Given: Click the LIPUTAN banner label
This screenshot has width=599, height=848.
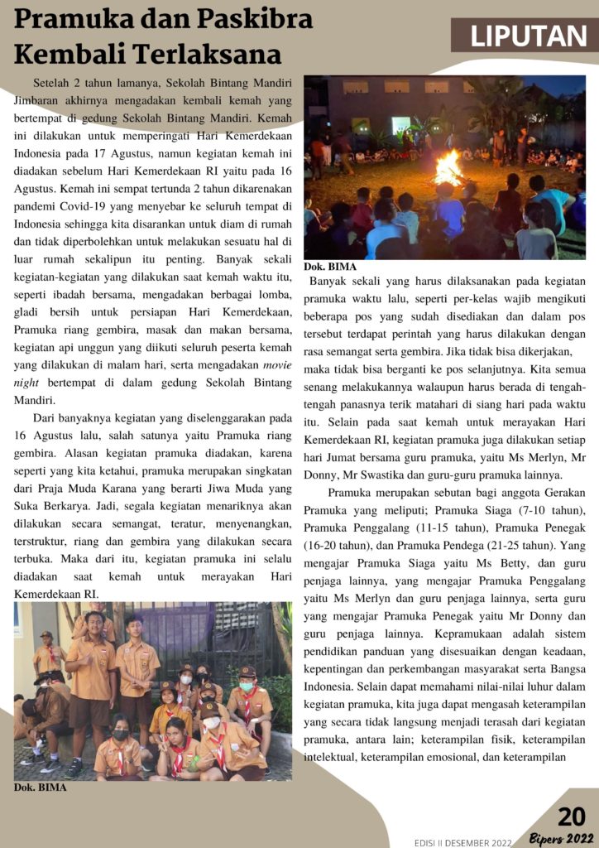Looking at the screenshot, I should coord(529,36).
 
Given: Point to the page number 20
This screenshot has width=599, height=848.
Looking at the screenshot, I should coord(571,817).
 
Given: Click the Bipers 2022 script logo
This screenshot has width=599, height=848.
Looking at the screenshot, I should coord(563,838).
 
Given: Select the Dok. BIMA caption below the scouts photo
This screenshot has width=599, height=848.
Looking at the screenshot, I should coord(41,788).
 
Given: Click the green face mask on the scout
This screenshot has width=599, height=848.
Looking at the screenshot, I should coord(247,687).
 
